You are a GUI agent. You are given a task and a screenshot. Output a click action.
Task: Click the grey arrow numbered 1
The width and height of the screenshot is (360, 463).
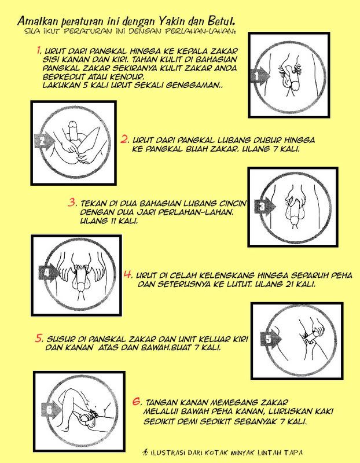(260, 76)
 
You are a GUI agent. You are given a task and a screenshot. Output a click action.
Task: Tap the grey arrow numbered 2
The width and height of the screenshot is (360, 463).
(45, 141)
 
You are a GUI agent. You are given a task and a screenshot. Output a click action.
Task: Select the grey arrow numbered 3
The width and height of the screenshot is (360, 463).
(265, 206)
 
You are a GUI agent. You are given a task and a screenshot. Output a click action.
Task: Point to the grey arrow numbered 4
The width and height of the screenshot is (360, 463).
(49, 273)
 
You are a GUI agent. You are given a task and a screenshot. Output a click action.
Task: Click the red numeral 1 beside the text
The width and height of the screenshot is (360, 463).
(39, 50)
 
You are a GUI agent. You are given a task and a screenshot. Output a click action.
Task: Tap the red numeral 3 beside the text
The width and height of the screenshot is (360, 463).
(72, 203)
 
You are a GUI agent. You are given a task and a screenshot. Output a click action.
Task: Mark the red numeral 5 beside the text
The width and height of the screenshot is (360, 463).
(39, 339)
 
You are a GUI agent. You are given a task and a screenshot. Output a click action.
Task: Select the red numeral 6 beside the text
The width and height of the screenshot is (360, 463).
(137, 402)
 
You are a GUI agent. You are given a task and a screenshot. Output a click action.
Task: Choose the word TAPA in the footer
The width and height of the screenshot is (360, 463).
(293, 453)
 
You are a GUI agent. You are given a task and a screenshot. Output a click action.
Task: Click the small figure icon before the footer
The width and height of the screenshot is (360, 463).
(145, 452)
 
